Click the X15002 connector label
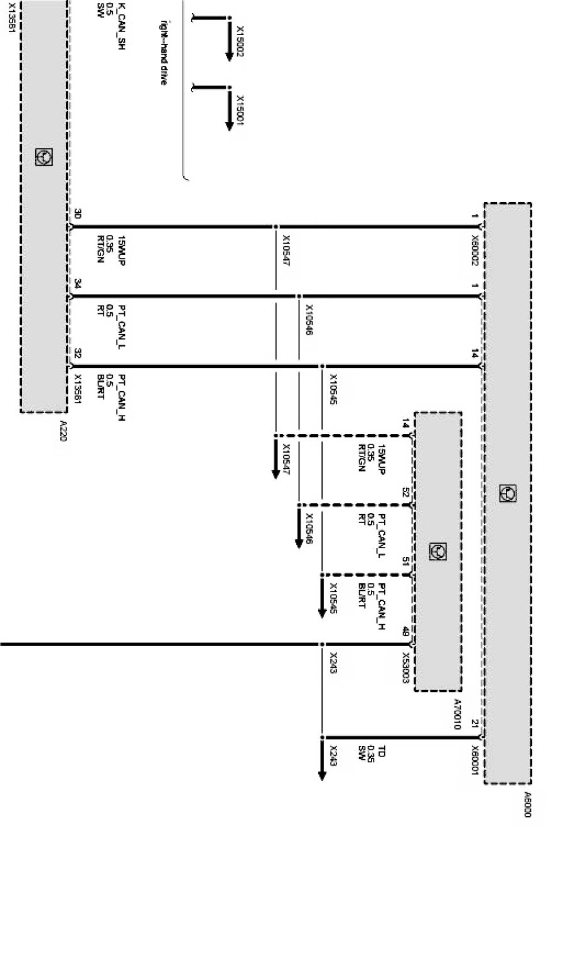click(240, 42)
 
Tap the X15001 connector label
click(240, 110)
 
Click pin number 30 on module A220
click(77, 213)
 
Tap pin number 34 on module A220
click(77, 283)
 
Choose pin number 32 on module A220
click(77, 353)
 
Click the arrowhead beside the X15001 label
click(229, 124)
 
